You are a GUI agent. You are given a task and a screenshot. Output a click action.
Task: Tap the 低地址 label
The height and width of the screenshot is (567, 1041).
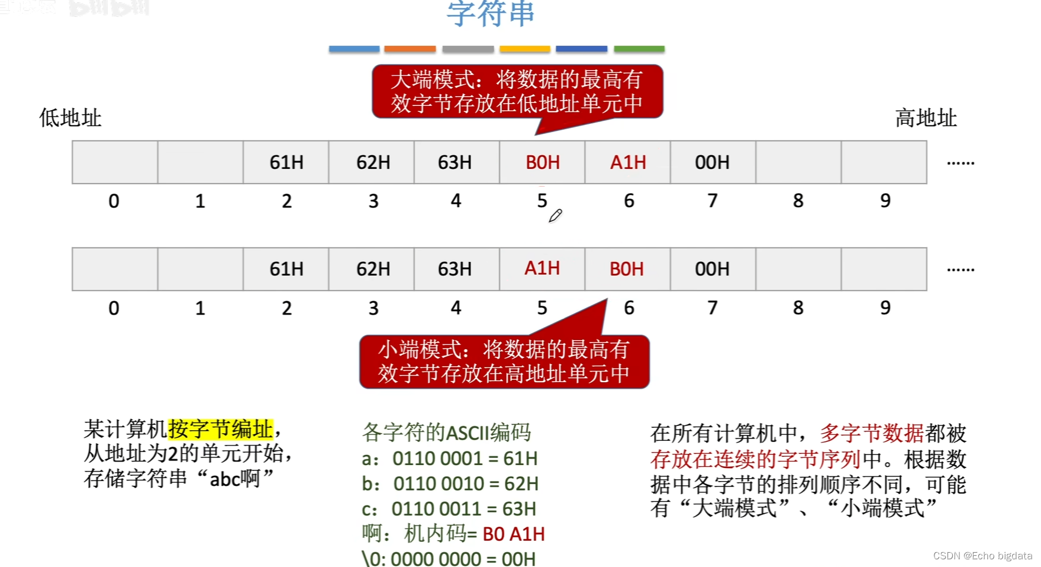click(x=70, y=118)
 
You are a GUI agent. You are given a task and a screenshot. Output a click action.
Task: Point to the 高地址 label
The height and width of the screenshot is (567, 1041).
click(x=926, y=118)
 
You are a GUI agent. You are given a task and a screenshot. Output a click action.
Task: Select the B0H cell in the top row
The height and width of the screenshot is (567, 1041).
click(x=542, y=162)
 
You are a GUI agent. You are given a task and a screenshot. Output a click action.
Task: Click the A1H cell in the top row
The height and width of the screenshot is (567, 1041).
click(x=628, y=162)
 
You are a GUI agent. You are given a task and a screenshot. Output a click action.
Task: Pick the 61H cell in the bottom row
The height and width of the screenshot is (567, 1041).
click(x=286, y=269)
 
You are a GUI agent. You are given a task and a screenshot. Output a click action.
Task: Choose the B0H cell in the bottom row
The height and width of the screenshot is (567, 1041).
click(x=627, y=269)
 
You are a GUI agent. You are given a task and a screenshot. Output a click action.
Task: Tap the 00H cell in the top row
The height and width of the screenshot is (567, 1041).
click(x=712, y=162)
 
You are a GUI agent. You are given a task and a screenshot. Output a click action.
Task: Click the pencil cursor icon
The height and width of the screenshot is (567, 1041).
click(x=555, y=216)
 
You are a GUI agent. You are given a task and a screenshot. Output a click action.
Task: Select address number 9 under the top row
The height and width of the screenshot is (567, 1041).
click(x=885, y=201)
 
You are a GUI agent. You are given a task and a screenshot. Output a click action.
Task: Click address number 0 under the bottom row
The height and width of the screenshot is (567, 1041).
click(x=114, y=308)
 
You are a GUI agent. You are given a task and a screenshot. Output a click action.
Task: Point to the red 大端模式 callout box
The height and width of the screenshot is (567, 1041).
click(x=517, y=91)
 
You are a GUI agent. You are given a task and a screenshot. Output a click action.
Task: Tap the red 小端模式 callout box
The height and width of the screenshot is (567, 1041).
click(x=504, y=361)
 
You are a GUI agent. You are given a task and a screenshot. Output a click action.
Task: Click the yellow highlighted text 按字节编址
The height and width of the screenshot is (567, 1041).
click(x=221, y=429)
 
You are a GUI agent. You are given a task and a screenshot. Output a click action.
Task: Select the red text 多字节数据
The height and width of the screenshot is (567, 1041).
click(x=872, y=433)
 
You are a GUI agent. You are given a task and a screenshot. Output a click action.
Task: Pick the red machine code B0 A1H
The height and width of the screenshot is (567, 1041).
click(x=513, y=534)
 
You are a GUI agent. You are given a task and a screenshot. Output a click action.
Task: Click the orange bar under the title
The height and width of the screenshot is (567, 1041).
click(x=410, y=49)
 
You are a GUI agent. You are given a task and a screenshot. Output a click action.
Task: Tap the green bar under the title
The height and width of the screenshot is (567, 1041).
click(x=639, y=49)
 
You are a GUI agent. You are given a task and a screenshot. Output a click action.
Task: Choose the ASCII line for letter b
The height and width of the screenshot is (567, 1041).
click(x=450, y=483)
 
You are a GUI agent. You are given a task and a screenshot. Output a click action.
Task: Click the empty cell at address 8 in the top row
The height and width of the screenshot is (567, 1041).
click(x=798, y=162)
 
